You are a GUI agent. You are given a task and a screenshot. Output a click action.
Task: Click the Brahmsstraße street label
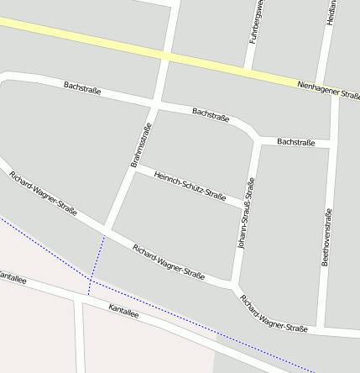tap(141, 145)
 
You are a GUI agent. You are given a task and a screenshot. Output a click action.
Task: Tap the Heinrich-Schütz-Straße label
tap(190, 185)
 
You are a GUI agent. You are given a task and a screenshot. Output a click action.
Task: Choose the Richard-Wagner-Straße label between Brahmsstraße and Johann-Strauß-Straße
tap(169, 262)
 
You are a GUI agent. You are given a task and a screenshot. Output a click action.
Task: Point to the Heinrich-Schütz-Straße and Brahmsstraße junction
tap(134, 168)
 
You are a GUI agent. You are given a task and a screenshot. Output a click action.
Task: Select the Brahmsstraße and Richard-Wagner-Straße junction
tap(107, 229)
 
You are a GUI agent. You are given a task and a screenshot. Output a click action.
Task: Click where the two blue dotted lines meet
tap(89, 280)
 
